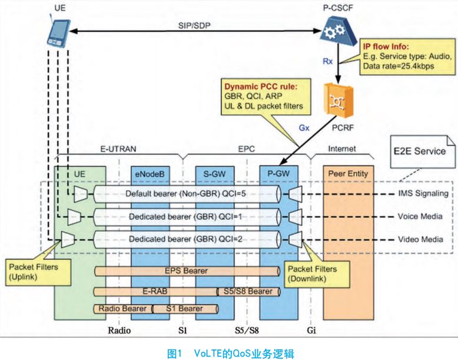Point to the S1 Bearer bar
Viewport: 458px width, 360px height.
(185, 309)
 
